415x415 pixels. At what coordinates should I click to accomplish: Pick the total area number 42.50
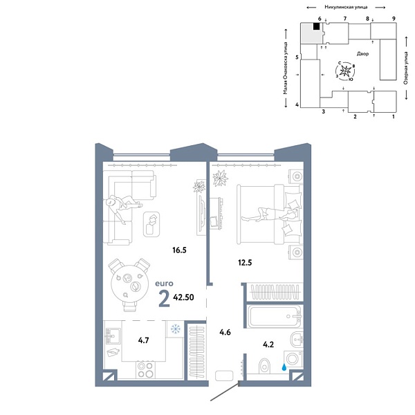coord(183,299)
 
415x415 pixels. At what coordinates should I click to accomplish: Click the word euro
coord(164,284)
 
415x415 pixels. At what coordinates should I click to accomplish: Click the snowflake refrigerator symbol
coord(176,329)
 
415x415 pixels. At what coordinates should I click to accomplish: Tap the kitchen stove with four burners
coord(145,370)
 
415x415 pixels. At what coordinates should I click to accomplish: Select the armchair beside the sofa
coord(152,223)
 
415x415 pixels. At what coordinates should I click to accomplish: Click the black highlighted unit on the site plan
coord(316,27)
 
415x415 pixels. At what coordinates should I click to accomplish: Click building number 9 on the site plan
coord(393,19)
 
